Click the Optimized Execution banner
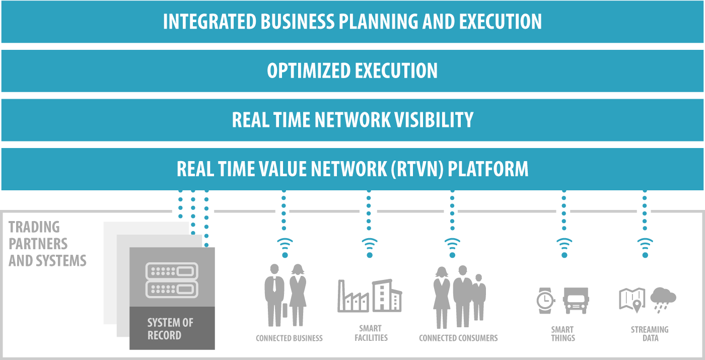pos(352,70)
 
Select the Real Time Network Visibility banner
pos(352,120)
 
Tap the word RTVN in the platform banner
pos(415,169)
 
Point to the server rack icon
pos(172,280)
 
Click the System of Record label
pos(170,329)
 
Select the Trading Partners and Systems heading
pos(47,244)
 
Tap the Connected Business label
pos(289,338)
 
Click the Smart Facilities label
pos(371,333)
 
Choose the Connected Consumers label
pos(458,338)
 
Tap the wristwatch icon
pos(544,301)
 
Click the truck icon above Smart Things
pos(576,301)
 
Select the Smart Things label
pos(562,333)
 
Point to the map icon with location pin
pos(632,299)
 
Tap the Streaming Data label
pos(650,333)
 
